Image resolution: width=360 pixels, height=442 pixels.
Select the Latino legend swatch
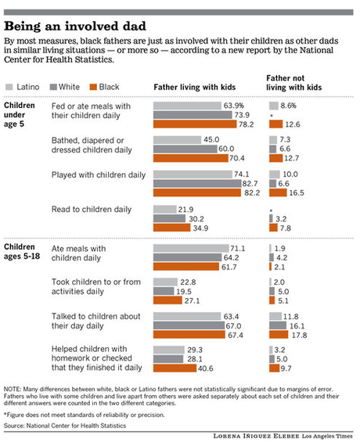[10, 88]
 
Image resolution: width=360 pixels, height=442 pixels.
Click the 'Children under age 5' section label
[23, 117]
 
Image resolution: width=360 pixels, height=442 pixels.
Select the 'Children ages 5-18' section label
[23, 257]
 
